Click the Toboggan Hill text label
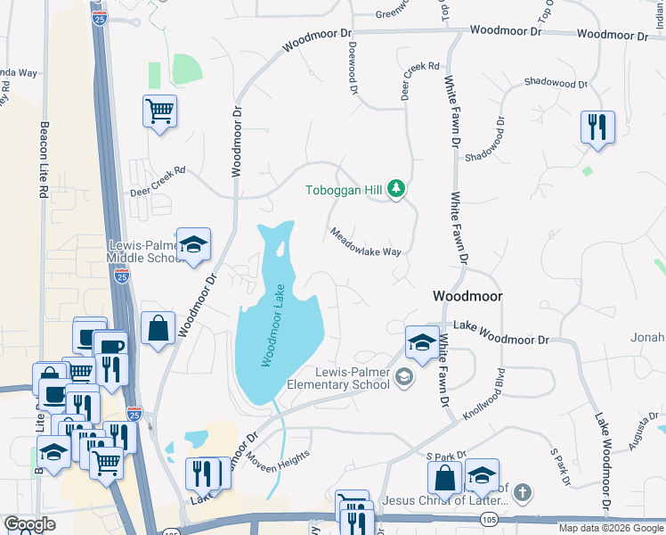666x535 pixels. (x=345, y=190)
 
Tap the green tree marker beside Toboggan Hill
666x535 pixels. (x=397, y=189)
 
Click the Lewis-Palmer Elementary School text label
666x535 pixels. (x=340, y=378)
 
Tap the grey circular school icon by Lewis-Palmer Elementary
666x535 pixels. (x=404, y=378)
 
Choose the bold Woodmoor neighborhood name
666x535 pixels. (x=467, y=296)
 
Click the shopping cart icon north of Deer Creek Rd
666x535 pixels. (x=159, y=111)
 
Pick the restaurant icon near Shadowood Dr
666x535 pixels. (x=597, y=126)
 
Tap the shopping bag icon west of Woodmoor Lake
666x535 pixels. (x=158, y=327)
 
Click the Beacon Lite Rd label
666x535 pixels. (x=43, y=160)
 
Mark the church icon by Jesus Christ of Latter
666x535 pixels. (x=523, y=492)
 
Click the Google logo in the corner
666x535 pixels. (x=30, y=524)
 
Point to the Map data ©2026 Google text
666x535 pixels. (x=610, y=528)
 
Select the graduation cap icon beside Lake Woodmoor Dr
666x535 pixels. (x=421, y=341)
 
